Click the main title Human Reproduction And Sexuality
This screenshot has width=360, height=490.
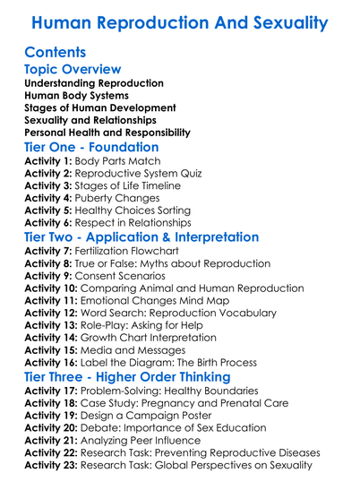click(x=179, y=21)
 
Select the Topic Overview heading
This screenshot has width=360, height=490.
click(x=73, y=69)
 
